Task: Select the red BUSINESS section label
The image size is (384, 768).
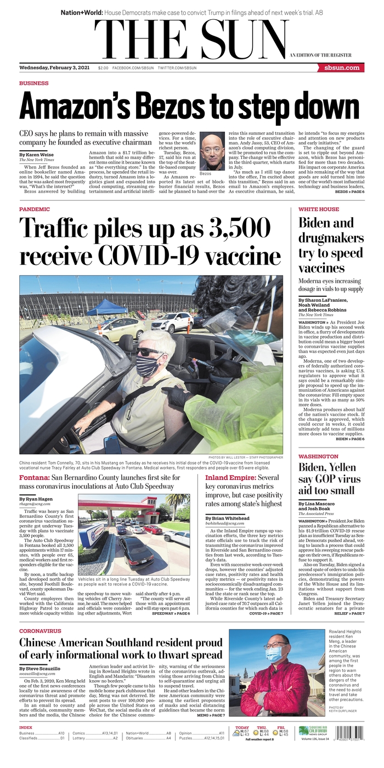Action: (33, 83)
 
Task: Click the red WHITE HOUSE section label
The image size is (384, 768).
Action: (319, 210)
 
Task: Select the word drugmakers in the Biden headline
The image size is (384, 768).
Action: (331, 238)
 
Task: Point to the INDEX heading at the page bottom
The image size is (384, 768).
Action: (25, 727)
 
